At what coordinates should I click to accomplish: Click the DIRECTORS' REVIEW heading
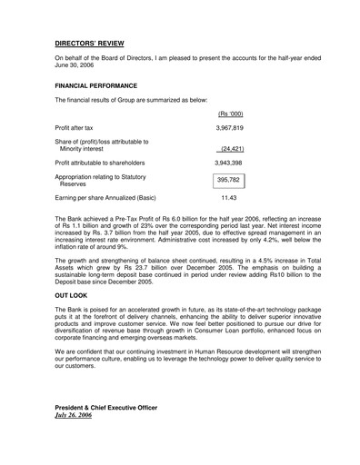90,43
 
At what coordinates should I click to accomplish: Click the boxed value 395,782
228,180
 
